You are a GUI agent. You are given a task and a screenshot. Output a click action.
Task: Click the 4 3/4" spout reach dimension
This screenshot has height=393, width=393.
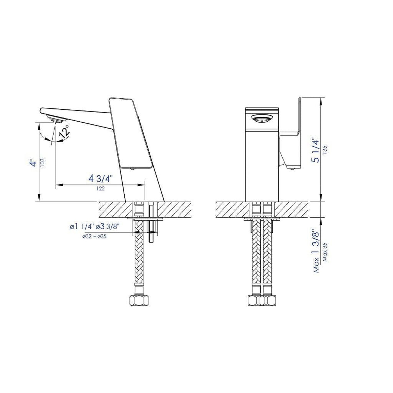point(100,179)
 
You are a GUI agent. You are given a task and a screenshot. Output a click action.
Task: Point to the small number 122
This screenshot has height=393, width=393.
point(100,188)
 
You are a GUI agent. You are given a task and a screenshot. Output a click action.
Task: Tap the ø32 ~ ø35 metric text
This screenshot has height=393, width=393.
point(94,236)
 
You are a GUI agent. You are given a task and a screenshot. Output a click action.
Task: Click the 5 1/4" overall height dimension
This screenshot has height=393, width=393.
point(315,151)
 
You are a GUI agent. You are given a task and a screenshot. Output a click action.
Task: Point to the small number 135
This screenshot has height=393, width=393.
point(324,150)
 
